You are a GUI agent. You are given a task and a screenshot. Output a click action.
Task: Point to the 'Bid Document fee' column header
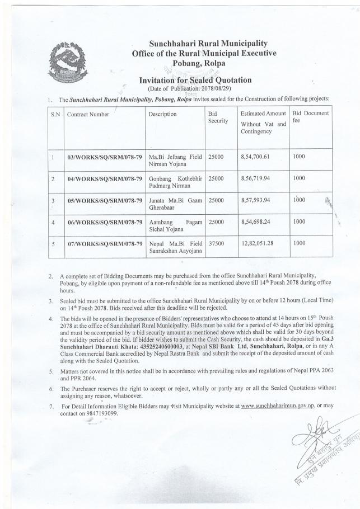[x=310, y=117]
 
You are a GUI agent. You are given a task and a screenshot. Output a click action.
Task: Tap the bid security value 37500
[x=208, y=243]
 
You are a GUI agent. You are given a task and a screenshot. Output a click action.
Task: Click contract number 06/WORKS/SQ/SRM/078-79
[x=104, y=222]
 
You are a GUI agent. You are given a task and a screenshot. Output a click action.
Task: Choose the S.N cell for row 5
[x=52, y=243]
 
